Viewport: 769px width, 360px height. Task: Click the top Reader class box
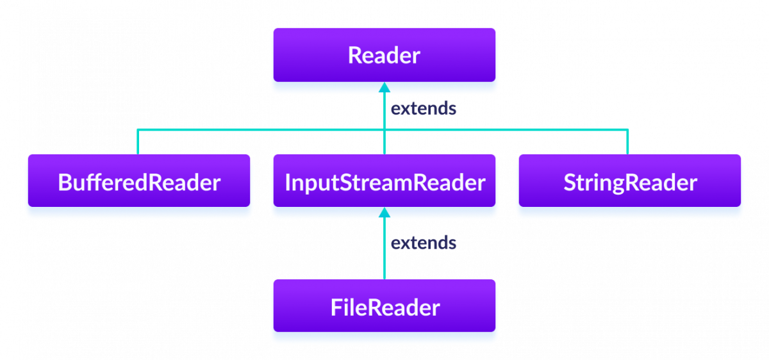384,55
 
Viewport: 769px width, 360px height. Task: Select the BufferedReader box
138,182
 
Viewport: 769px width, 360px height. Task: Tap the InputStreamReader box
384,182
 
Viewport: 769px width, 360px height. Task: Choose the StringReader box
629,182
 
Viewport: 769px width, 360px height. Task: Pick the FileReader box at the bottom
384,307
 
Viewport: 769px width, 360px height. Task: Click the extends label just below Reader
424,109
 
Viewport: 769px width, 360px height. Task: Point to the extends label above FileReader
424,243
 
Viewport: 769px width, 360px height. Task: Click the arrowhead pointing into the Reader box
384,88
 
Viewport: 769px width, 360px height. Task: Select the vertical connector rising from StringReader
628,142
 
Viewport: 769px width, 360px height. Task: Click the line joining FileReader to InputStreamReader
384,256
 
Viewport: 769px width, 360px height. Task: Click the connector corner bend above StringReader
628,130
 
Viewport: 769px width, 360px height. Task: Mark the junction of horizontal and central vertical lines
384,130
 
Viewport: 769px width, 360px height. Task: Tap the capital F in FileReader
336,308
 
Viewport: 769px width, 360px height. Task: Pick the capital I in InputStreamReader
288,183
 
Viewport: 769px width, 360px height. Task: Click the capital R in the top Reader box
354,56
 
